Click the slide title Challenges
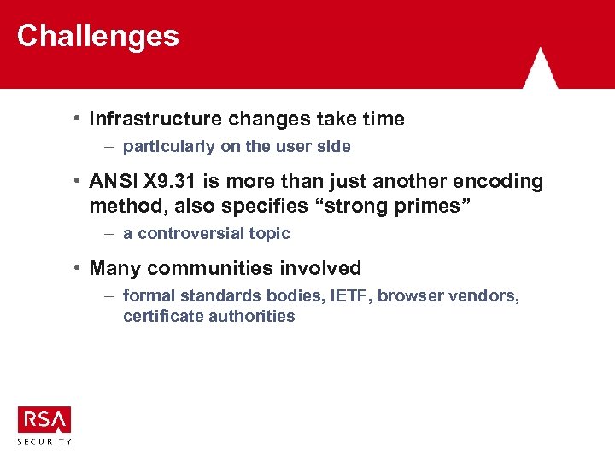pos(97,36)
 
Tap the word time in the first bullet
pos(384,119)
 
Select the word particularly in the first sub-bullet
pos(169,147)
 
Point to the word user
pos(295,147)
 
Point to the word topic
pos(270,234)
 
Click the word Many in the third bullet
pos(115,268)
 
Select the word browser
pos(410,296)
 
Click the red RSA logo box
pos(44,419)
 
